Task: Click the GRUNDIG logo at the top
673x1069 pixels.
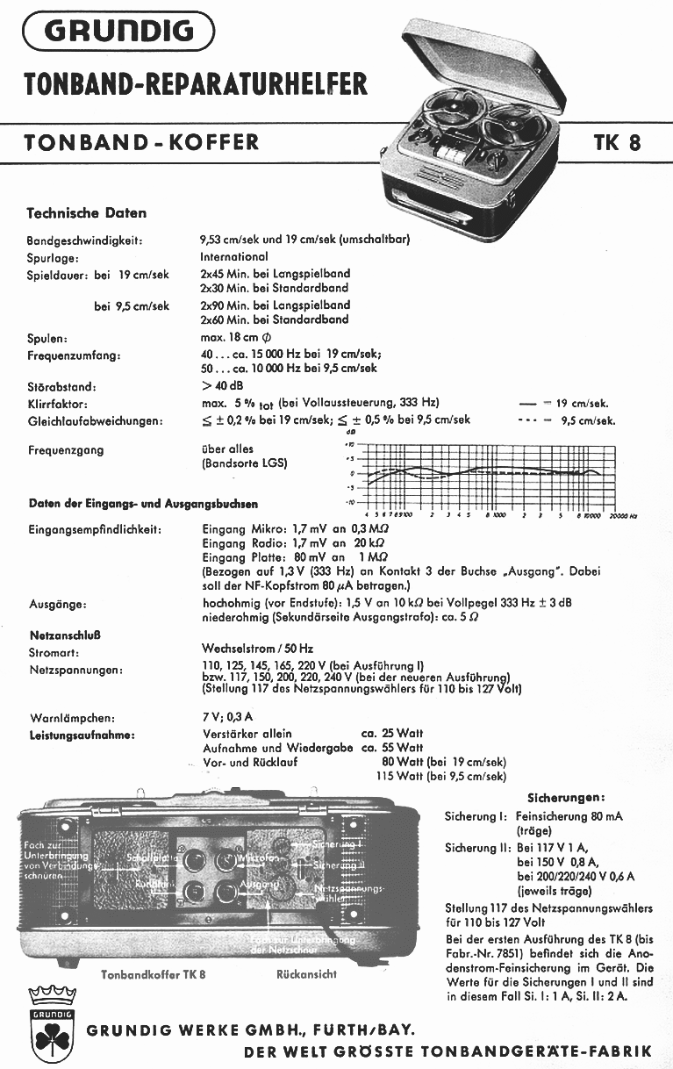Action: pos(119,32)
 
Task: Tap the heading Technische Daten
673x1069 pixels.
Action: pos(87,213)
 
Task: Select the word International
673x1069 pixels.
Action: pos(234,256)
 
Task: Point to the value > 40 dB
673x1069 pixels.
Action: pos(223,386)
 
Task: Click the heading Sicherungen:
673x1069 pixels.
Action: pos(565,798)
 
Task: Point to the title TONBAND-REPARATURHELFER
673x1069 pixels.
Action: pos(196,84)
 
